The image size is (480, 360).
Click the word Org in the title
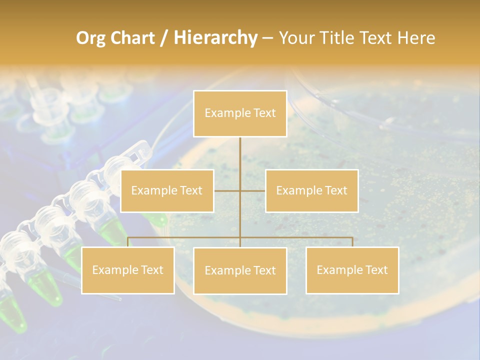91,38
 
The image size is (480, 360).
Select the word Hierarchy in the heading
215,38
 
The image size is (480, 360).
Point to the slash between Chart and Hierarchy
164,38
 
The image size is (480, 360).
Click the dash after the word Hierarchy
267,38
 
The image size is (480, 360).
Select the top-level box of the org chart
240,113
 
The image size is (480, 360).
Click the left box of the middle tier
167,190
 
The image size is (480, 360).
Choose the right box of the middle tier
311,190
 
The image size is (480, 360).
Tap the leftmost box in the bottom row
127,270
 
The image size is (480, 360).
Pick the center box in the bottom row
240,270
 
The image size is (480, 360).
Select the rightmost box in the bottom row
352,270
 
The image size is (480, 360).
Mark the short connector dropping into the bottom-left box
128,242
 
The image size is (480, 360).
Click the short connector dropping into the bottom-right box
352,242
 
